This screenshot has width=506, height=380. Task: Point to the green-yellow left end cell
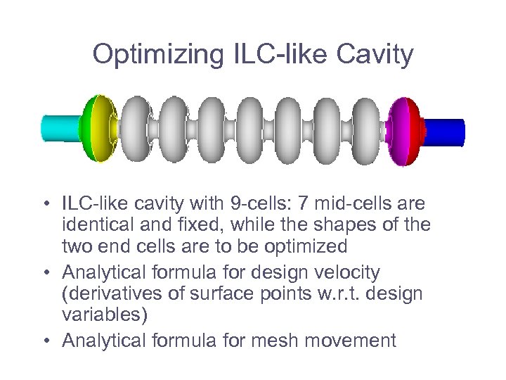(98, 130)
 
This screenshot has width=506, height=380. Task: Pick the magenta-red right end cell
(404, 131)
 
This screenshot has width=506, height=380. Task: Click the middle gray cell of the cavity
(252, 131)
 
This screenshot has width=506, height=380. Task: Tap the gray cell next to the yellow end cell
(136, 131)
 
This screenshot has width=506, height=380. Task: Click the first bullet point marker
(44, 206)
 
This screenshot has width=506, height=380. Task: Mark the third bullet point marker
(44, 341)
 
